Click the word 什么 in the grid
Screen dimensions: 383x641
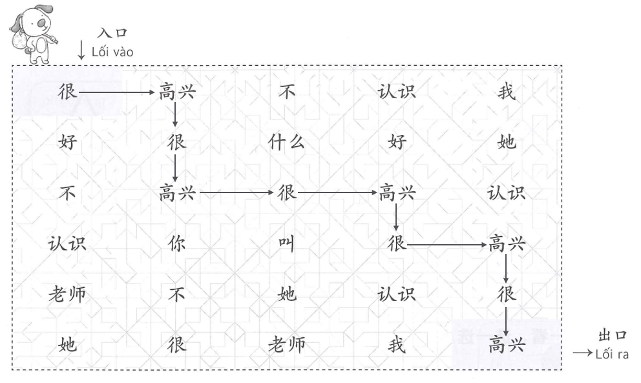point(286,142)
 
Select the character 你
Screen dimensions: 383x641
point(176,244)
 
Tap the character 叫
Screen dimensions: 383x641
point(286,244)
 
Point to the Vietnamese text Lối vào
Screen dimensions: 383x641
point(112,52)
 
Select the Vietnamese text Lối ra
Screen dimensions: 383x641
point(613,354)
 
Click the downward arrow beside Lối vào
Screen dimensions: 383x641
point(81,50)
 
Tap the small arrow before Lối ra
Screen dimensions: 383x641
point(582,354)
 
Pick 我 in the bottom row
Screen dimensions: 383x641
point(396,344)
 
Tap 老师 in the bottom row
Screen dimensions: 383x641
point(286,344)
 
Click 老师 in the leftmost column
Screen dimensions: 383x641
point(67,295)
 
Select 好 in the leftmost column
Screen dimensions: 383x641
point(67,142)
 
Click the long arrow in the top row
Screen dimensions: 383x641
point(116,92)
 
